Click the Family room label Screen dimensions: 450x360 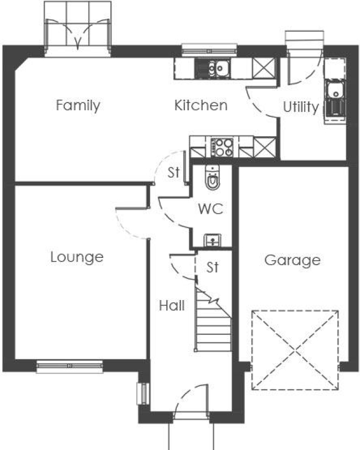[x=78, y=105]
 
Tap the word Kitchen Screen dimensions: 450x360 [x=200, y=105]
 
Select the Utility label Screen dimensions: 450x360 [x=301, y=107]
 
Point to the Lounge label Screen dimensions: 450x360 [x=77, y=257]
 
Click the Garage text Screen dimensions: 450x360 [x=292, y=260]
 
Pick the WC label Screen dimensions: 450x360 [x=210, y=209]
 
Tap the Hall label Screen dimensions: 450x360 [x=172, y=306]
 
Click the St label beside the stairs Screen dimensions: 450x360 [x=213, y=267]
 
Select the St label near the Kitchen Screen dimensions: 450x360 [x=174, y=172]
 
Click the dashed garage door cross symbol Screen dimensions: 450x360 [x=295, y=350]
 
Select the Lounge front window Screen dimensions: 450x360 [x=70, y=366]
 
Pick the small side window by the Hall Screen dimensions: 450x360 [x=141, y=394]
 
